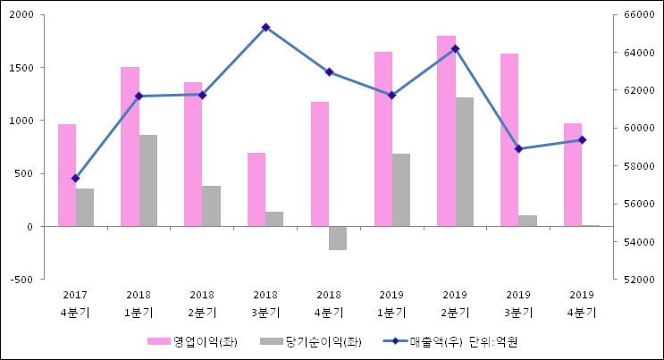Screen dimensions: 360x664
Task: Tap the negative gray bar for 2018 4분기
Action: click(x=338, y=238)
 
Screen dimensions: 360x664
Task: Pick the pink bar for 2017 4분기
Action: click(x=67, y=175)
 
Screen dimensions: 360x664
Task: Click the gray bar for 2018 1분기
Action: click(x=148, y=180)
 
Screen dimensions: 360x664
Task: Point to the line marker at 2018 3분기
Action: click(x=265, y=28)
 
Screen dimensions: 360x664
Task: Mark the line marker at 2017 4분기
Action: click(x=76, y=179)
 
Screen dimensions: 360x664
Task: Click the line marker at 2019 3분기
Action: click(x=518, y=148)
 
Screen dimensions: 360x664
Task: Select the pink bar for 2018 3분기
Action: click(x=256, y=189)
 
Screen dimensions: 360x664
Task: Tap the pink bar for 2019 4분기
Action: click(x=573, y=175)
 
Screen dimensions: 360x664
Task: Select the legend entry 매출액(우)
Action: click(x=436, y=341)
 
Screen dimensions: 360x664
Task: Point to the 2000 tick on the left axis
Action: click(x=23, y=15)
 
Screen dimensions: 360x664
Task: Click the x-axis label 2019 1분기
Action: click(x=391, y=304)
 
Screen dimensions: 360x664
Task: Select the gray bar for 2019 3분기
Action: click(x=528, y=221)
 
